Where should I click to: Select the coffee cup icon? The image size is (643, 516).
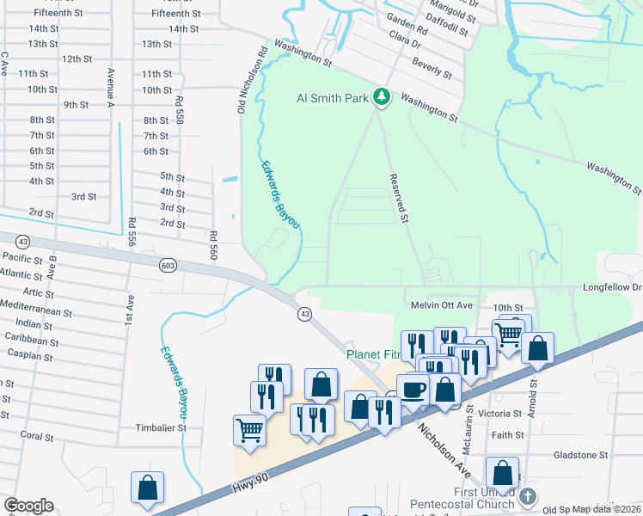tap(413, 389)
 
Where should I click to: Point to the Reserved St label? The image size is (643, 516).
tap(396, 198)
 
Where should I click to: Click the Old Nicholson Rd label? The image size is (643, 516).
tap(242, 78)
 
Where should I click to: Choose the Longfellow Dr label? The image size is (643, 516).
tap(612, 287)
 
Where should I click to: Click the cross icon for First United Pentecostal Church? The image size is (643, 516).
tap(529, 496)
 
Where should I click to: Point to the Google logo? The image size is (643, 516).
tap(28, 506)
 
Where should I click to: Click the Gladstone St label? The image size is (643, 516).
tap(580, 454)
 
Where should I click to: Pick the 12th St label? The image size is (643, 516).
tap(77, 58)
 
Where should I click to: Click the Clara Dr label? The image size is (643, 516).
tap(403, 42)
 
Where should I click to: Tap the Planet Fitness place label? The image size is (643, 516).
tap(370, 354)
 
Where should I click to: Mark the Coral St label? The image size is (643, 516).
tap(37, 436)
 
